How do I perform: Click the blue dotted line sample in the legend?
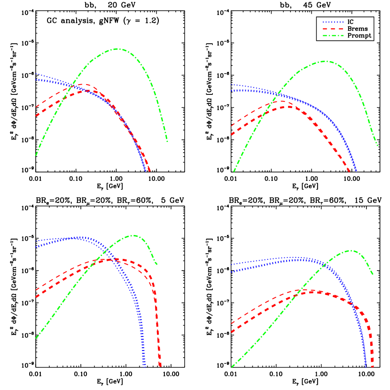(333, 22)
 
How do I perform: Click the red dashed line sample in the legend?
(333, 29)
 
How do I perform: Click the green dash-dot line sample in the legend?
(333, 36)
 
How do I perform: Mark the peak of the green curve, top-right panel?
(325, 62)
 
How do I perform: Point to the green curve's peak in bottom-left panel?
(134, 235)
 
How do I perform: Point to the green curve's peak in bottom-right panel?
(351, 250)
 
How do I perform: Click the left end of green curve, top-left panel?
(36, 155)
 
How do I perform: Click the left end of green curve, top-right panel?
(234, 172)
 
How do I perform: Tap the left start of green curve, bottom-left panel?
(36, 338)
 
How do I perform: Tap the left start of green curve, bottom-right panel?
(232, 367)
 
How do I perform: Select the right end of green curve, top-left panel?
(167, 141)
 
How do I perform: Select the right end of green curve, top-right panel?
(377, 146)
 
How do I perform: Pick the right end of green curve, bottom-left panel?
(157, 265)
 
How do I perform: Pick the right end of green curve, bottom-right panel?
(373, 274)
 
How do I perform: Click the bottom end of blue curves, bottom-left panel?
(145, 366)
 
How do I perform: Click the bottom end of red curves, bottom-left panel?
(160, 366)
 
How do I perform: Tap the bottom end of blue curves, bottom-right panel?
(366, 366)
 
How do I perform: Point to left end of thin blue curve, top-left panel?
(36, 74)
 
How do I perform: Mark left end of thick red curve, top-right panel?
(231, 135)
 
